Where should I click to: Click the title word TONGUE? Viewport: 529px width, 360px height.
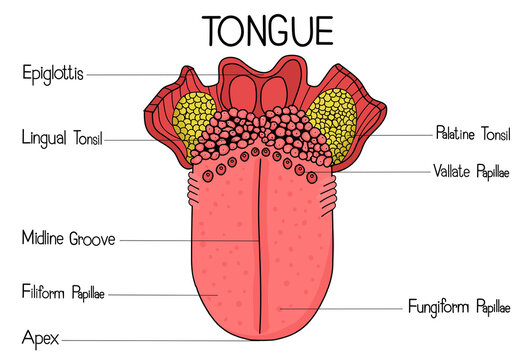tap(267, 29)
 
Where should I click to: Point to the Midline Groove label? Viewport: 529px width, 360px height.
tap(68, 239)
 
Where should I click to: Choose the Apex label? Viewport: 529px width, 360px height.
tap(39, 339)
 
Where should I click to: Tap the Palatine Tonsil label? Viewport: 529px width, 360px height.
tap(474, 132)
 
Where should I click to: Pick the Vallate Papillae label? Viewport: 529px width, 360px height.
tap(473, 169)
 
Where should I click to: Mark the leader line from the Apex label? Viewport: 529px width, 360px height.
tap(150, 340)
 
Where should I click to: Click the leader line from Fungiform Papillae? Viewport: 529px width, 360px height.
tap(340, 309)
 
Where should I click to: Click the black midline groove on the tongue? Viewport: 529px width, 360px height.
tap(263, 240)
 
